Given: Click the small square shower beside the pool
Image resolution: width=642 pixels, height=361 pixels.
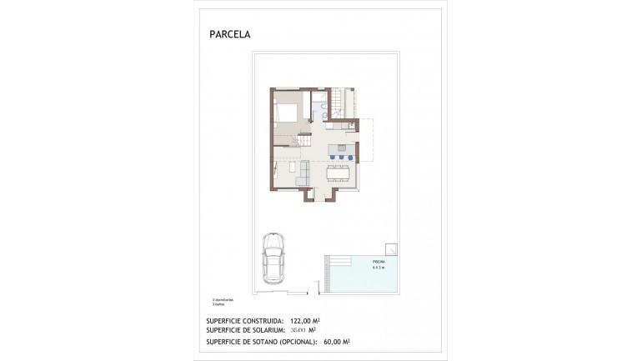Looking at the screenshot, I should [390, 248].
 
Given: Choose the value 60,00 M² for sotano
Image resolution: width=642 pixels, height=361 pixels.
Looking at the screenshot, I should [334, 341].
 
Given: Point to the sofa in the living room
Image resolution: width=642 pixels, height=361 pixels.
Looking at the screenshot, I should [303, 173].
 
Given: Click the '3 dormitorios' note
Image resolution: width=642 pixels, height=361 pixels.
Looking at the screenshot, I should [223, 299].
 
